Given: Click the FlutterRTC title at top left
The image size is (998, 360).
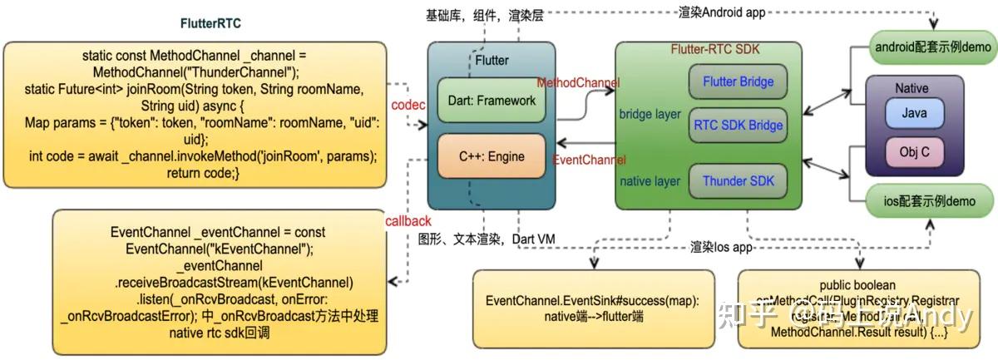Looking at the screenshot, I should [211, 22].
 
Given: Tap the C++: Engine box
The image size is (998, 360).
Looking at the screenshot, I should [492, 155].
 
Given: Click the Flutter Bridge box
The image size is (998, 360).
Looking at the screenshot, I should [738, 81].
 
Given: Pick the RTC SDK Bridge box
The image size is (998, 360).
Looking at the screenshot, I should [738, 126].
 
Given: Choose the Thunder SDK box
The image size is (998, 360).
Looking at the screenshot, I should [738, 180].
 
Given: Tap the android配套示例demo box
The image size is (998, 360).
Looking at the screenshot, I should [932, 47].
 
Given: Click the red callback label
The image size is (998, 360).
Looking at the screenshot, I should [408, 221].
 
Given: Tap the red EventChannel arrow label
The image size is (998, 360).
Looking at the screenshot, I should [590, 160].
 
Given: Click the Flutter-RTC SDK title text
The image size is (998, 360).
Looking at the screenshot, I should [709, 49].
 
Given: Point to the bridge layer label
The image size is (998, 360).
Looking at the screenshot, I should [650, 114].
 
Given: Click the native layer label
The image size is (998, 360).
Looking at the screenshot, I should [650, 180].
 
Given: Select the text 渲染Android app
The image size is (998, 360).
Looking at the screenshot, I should [720, 12].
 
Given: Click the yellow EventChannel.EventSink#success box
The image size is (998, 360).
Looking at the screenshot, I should [592, 308].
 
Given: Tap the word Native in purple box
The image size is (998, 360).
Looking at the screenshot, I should [912, 88].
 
